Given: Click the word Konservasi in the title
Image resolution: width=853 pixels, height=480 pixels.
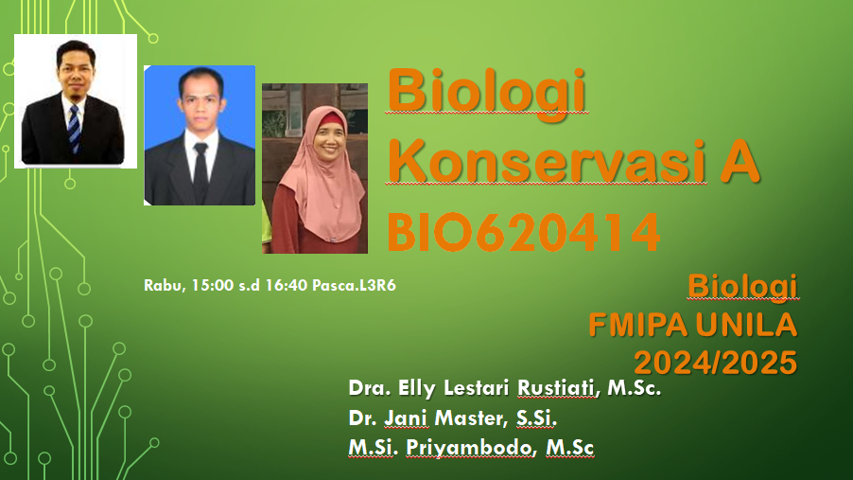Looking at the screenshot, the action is click(547, 161).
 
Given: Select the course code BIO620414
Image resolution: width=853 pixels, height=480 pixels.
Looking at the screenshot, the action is click(523, 233).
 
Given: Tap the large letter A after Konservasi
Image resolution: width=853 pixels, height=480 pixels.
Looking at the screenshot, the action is click(740, 161).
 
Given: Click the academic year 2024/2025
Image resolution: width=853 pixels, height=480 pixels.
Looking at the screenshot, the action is click(715, 363).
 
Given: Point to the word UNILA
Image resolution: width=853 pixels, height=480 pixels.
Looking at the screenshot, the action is click(746, 325).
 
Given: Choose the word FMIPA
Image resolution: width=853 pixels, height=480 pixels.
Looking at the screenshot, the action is click(638, 325).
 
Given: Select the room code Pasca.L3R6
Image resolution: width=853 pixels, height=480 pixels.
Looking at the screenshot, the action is click(354, 285).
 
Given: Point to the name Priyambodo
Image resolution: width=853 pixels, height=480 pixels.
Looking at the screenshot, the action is click(471, 447).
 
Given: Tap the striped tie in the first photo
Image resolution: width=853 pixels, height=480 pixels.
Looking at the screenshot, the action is click(74, 129).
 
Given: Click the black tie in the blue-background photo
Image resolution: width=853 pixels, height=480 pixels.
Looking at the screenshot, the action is click(200, 172).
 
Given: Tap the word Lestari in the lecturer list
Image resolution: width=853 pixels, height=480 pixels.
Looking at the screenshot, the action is click(476, 388).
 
